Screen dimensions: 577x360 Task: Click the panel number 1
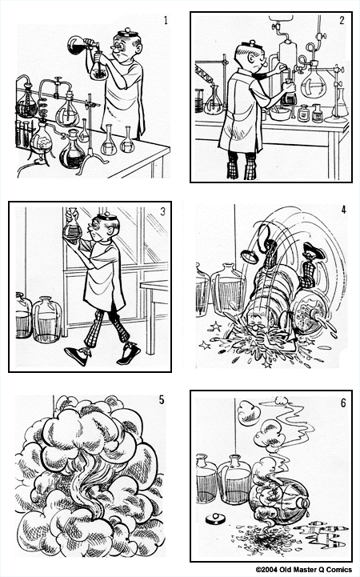[166, 20]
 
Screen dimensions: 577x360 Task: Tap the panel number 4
[343, 211]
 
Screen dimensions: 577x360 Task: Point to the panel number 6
[343, 403]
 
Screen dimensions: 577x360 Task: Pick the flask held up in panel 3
[73, 224]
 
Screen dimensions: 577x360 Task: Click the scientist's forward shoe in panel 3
[77, 355]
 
